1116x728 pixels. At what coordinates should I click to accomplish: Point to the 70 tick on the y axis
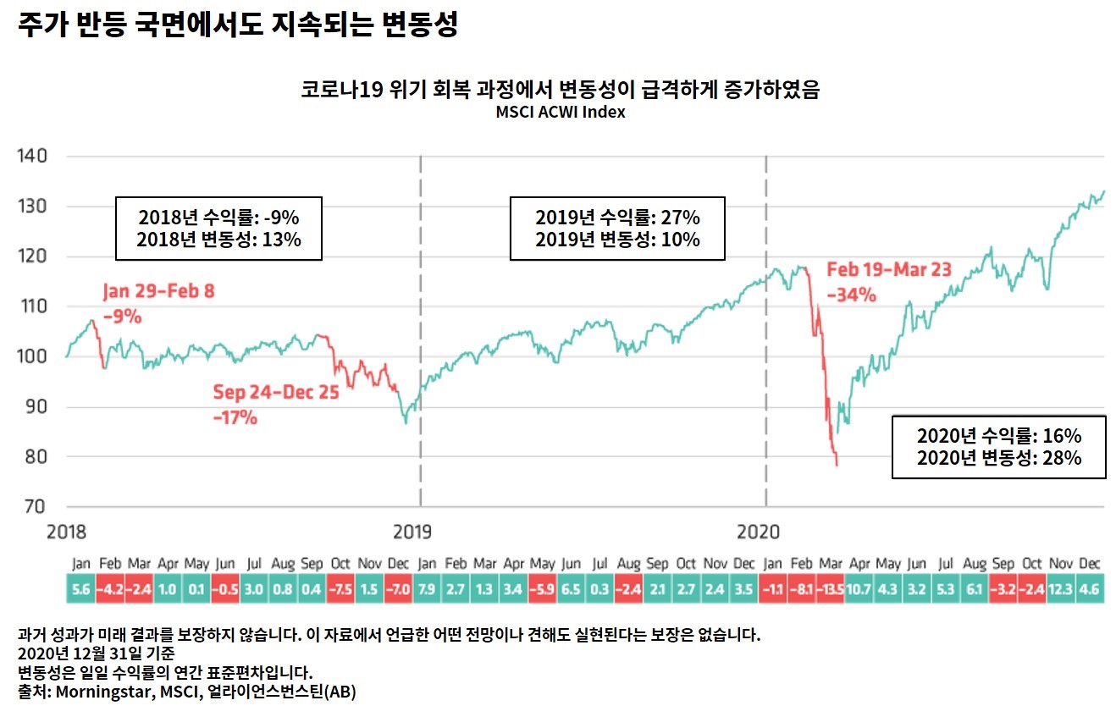coord(35,507)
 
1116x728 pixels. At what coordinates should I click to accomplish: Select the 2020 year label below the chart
coord(758,532)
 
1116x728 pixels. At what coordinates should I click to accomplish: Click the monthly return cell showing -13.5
coord(831,589)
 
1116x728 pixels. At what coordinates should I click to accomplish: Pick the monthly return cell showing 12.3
coord(1062,589)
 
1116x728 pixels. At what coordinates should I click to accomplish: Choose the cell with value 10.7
coord(860,589)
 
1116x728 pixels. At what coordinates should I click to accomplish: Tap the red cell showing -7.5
coord(340,589)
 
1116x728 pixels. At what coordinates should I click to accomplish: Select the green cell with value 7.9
coord(427,589)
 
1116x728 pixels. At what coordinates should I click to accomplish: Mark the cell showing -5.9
coord(542,589)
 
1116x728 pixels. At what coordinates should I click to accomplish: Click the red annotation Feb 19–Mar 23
coord(889,270)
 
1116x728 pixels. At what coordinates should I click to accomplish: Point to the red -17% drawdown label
coord(235,417)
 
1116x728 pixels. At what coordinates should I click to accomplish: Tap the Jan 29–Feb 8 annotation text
coord(158,292)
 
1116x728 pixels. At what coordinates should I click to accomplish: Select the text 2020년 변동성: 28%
coord(998,459)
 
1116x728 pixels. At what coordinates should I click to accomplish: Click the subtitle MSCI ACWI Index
coord(561,112)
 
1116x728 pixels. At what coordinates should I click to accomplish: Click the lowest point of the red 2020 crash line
coord(837,465)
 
